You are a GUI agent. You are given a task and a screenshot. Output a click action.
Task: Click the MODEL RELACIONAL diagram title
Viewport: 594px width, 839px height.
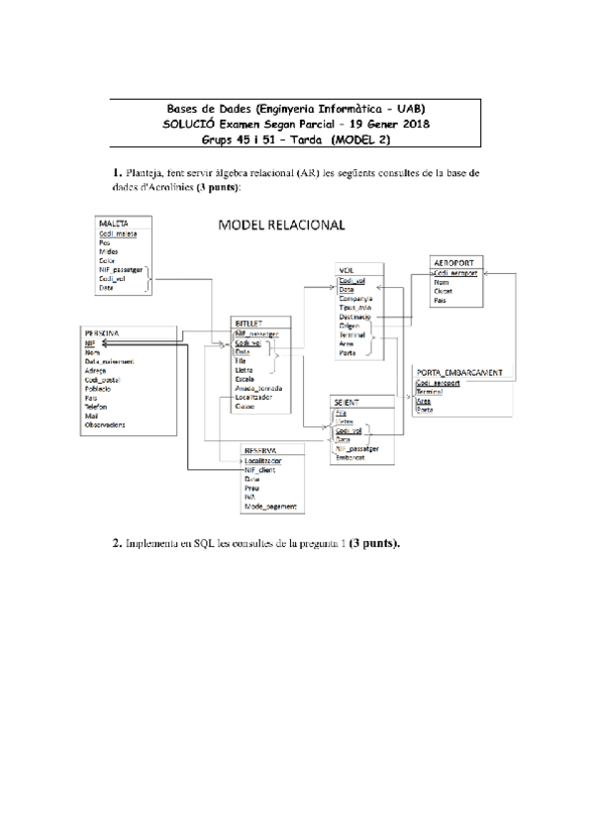pos(281,226)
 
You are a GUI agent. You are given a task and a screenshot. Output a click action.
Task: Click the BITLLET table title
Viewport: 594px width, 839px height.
pos(247,324)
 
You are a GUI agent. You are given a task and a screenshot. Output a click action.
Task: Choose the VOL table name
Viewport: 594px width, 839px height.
pos(346,268)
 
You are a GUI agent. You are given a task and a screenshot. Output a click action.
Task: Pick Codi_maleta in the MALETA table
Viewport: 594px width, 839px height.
pos(118,233)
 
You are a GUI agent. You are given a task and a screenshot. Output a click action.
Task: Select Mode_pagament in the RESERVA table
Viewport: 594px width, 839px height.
pos(270,506)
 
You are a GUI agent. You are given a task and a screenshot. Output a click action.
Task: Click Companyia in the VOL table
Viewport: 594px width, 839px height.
pos(355,298)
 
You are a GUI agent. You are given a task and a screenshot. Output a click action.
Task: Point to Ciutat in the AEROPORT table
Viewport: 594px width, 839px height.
pos(444,291)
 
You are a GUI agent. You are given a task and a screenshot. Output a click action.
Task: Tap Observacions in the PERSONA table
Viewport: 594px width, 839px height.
pos(111,425)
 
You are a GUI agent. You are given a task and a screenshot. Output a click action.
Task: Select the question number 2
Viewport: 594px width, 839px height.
pos(117,543)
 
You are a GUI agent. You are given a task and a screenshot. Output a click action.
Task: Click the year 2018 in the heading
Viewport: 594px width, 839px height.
pos(410,125)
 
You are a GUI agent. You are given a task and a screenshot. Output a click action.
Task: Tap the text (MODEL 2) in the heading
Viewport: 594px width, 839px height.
pos(372,140)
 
